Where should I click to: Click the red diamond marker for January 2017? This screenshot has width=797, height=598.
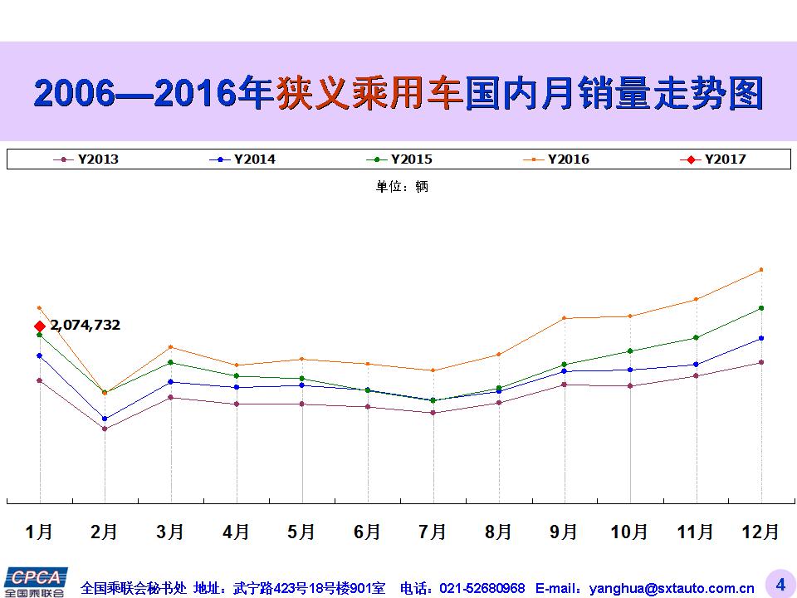(x=39, y=326)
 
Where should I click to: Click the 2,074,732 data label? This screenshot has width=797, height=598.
(x=85, y=325)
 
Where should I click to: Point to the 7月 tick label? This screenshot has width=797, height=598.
(x=433, y=532)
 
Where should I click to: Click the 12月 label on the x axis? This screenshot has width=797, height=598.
(x=760, y=532)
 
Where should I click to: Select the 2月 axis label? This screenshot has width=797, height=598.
(x=105, y=532)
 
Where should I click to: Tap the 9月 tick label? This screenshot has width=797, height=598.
(x=564, y=532)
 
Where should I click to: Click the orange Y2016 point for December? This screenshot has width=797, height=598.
(x=761, y=269)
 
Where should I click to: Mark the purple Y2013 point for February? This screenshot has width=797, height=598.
(x=105, y=429)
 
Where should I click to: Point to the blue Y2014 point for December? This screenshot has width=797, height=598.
(x=761, y=338)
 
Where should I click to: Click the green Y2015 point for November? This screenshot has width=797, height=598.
(x=696, y=337)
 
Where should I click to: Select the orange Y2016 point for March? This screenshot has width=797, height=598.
(x=170, y=346)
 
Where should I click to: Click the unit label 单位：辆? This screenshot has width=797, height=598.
(x=402, y=187)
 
